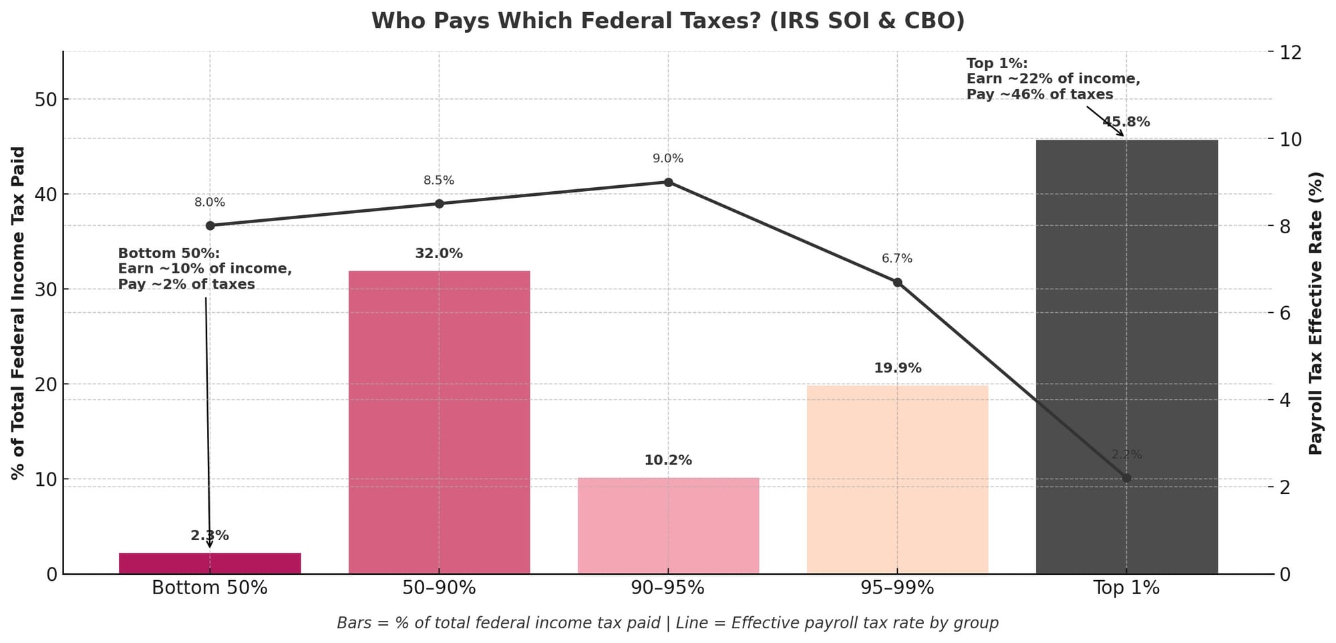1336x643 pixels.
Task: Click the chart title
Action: pos(668,21)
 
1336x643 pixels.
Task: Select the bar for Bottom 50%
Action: pos(210,563)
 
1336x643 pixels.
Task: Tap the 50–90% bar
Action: pos(439,422)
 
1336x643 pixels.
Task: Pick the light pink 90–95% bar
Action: pos(668,525)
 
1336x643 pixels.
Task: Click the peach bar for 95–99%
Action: pos(897,479)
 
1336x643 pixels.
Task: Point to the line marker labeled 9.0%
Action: pos(668,182)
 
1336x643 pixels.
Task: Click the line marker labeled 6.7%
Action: pos(897,282)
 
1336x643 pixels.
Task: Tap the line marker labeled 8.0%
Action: pos(210,226)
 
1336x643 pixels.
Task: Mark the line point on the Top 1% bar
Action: pos(1126,478)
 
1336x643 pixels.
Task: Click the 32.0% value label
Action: pos(439,254)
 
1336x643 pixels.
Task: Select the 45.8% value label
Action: pos(1126,122)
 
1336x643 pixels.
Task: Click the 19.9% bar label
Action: pos(897,368)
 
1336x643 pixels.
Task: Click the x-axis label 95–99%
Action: pos(897,588)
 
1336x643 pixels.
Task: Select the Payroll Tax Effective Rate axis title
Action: pos(1315,313)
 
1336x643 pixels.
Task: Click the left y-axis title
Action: pos(18,313)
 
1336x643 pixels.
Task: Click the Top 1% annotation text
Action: pos(1053,79)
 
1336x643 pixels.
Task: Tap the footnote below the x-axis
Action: pos(668,623)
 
